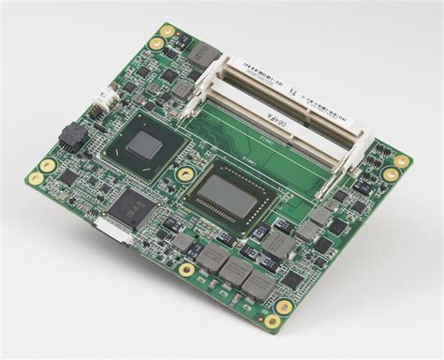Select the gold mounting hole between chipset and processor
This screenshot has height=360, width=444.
(185, 174)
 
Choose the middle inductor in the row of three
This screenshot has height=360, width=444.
(234, 270)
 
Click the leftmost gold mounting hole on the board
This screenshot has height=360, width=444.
(35, 176)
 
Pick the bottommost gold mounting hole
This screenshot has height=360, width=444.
(271, 322)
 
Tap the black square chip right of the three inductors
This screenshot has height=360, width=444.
(292, 278)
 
